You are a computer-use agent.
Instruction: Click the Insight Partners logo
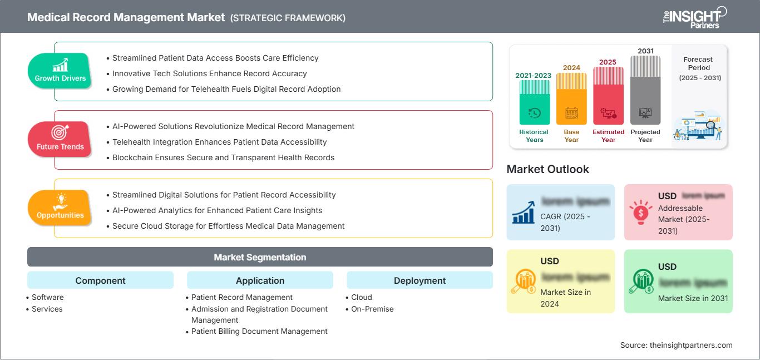pyautogui.click(x=695, y=17)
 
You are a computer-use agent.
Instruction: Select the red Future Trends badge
pyautogui.click(x=60, y=139)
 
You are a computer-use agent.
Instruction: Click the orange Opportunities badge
pyautogui.click(x=60, y=208)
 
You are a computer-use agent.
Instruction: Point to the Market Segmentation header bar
pyautogui.click(x=260, y=257)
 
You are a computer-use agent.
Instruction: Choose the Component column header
pyautogui.click(x=100, y=280)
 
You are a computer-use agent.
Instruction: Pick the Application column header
pyautogui.click(x=260, y=280)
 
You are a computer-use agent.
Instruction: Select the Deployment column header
pyautogui.click(x=420, y=280)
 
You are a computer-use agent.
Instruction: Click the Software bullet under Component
pyautogui.click(x=47, y=297)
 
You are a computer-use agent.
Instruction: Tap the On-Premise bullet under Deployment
pyautogui.click(x=372, y=309)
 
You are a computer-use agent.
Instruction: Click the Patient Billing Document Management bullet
pyautogui.click(x=259, y=331)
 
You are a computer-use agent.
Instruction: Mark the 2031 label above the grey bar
pyautogui.click(x=645, y=51)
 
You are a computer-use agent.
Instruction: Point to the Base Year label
pyautogui.click(x=571, y=136)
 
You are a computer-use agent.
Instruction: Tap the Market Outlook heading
pyautogui.click(x=547, y=169)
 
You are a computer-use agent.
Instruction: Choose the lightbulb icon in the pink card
pyautogui.click(x=640, y=211)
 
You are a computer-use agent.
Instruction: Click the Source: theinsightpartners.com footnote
pyautogui.click(x=676, y=345)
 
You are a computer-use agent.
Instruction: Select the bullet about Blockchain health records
pyautogui.click(x=223, y=157)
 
